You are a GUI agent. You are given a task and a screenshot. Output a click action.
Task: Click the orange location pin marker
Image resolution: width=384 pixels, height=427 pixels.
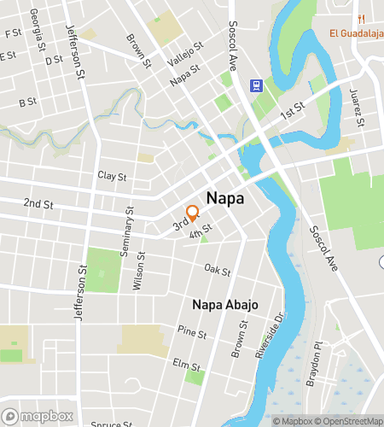pyautogui.click(x=193, y=213)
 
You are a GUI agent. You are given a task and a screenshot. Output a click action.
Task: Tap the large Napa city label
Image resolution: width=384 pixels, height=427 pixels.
pyautogui.click(x=224, y=198)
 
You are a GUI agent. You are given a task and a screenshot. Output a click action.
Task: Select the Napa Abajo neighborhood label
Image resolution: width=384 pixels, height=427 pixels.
pyautogui.click(x=225, y=305)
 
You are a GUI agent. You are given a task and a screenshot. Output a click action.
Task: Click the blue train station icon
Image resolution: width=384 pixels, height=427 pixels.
pyautogui.click(x=255, y=85)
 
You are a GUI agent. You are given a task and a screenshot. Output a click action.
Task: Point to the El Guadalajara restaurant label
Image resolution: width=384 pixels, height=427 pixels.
pyautogui.click(x=356, y=33)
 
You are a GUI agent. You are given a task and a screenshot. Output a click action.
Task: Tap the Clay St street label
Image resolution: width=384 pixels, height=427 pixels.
pyautogui.click(x=111, y=176)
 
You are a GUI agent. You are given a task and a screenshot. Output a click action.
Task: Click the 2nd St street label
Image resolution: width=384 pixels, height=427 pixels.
pyautogui.click(x=38, y=204)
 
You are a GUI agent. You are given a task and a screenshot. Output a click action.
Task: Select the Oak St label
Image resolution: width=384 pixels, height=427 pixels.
pyautogui.click(x=218, y=270)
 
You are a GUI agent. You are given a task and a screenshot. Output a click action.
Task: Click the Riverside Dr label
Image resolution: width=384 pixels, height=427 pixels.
pyautogui.click(x=267, y=337)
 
